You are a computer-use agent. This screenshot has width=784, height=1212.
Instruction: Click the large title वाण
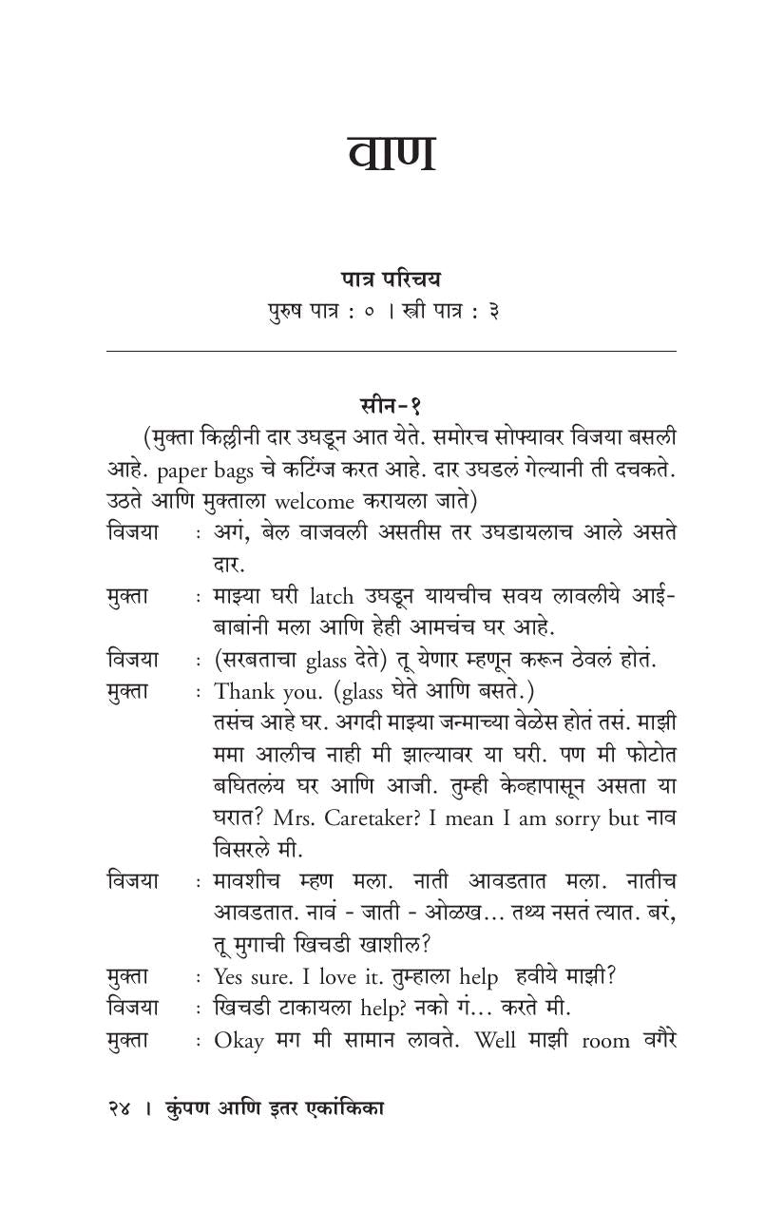pos(392,155)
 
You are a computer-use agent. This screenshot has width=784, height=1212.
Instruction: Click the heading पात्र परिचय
pos(391,279)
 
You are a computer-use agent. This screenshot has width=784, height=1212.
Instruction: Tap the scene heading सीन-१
pos(391,404)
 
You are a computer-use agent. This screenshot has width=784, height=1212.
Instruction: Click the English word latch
pos(333,596)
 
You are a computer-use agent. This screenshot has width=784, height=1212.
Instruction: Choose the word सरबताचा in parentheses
pos(269,659)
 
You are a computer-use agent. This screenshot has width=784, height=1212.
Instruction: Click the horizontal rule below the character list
pos(391,352)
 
